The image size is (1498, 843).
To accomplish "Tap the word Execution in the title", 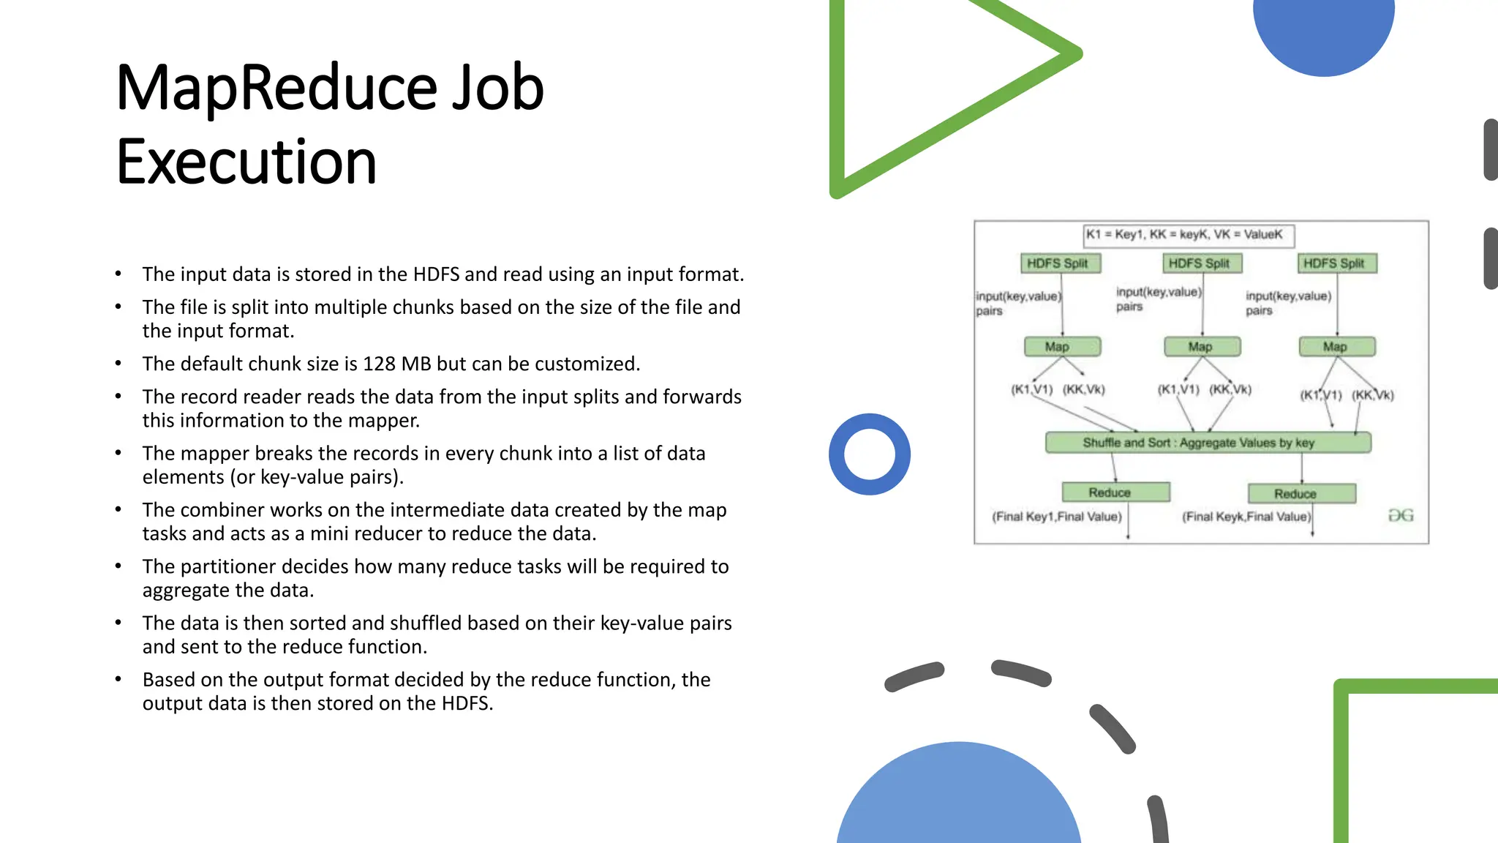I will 246,162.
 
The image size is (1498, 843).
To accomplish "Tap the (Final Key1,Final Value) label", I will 1056,517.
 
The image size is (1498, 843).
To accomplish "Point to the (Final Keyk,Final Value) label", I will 1246,517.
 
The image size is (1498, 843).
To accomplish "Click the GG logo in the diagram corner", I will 1401,516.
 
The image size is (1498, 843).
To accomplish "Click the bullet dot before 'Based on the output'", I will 118,680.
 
